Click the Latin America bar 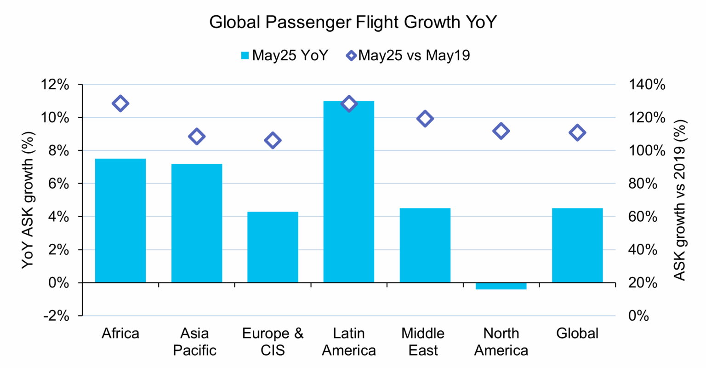click(349, 191)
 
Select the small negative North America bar click(501, 286)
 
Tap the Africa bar click(120, 220)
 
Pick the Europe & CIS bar click(273, 247)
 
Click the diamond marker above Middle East click(425, 119)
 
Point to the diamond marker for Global click(577, 133)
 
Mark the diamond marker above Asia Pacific click(197, 137)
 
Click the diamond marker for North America click(501, 131)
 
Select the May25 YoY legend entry click(285, 56)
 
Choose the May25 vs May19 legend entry click(408, 56)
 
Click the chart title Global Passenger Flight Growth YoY click(353, 22)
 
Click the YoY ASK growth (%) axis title click(28, 200)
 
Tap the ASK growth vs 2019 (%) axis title click(680, 200)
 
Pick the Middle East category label click(423, 341)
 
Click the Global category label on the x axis click(577, 333)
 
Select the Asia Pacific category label click(194, 341)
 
